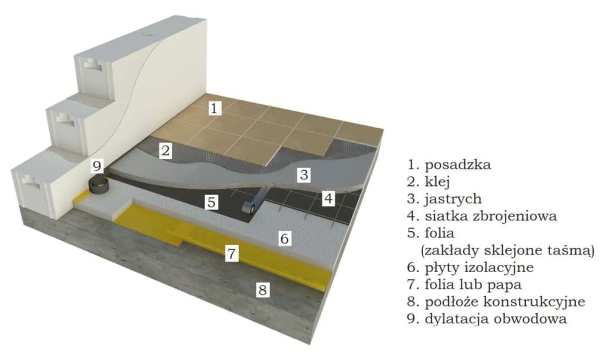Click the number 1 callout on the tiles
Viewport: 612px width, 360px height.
coord(213,108)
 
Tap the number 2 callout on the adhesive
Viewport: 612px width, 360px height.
coord(165,151)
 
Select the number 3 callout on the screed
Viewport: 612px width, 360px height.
coord(304,175)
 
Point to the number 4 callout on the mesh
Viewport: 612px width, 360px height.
coord(329,198)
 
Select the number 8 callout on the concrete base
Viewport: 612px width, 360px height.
coord(262,290)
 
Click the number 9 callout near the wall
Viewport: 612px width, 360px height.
coord(97,166)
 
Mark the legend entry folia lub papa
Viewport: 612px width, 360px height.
coord(472,284)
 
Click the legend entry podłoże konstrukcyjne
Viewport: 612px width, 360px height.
coord(503,301)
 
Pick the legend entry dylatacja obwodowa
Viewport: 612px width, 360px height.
coord(495,318)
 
